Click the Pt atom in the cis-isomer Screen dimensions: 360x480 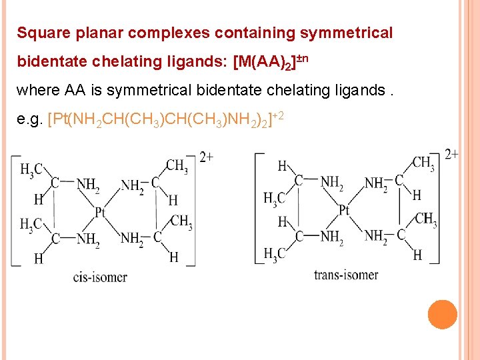point(100,212)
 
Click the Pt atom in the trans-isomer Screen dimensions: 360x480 point(344,210)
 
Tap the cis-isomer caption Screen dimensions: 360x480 point(100,277)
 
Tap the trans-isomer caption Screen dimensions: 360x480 point(346,275)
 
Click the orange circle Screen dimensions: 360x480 point(443,315)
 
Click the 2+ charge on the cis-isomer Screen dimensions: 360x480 point(206,157)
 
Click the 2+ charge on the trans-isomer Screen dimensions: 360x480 point(451,154)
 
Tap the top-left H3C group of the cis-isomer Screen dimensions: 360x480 point(32,171)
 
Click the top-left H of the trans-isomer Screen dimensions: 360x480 point(282,166)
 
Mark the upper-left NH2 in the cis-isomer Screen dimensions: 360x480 point(87,185)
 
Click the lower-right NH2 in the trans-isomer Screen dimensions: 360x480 point(376,235)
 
